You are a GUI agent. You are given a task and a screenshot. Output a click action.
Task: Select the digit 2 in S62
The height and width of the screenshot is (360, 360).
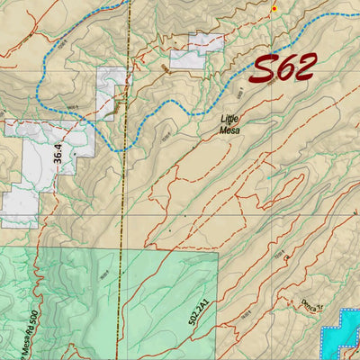pyautogui.click(x=303, y=67)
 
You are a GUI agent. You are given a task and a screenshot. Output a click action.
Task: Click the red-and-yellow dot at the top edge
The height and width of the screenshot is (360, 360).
pyautogui.click(x=274, y=9)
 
